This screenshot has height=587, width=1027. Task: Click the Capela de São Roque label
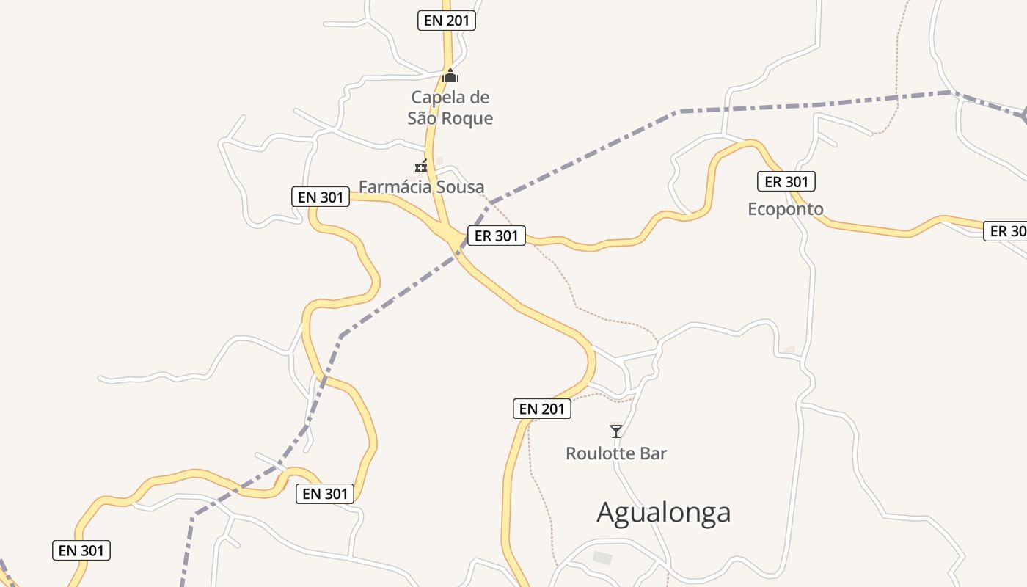coord(450,108)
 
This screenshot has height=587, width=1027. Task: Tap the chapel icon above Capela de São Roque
coord(450,76)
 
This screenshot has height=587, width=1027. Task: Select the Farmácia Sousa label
coord(421,187)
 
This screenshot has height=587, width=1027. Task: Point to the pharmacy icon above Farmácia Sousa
coord(421,167)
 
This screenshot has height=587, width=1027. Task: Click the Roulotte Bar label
coord(616,453)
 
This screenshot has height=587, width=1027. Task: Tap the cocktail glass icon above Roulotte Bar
coord(616,431)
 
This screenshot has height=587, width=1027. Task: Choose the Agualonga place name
coord(663,512)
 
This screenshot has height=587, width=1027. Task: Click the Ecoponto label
coord(785,209)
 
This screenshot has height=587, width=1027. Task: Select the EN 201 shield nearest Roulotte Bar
coord(541,409)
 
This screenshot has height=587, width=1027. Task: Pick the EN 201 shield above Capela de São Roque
coord(447,21)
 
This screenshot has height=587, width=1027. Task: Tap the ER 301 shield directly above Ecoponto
coord(786,182)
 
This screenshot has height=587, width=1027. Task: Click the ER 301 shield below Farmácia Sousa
coord(497,236)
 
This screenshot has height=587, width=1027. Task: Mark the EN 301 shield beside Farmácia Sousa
coord(320,197)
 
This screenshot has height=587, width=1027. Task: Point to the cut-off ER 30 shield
coord(1006,231)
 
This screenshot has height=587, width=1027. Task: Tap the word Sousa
coord(461,187)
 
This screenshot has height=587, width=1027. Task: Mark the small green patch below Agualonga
coord(602,558)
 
